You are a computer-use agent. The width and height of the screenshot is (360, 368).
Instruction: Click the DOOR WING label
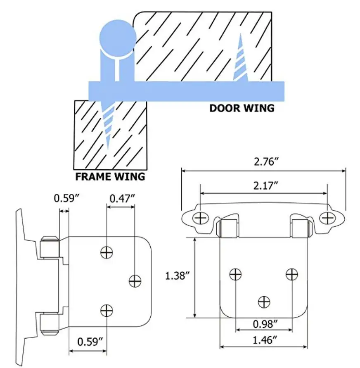click(x=242, y=108)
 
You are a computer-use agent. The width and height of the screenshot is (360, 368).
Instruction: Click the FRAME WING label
click(x=110, y=177)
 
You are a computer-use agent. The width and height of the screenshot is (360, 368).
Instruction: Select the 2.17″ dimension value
click(x=263, y=186)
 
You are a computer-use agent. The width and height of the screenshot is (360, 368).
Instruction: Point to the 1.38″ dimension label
click(x=176, y=275)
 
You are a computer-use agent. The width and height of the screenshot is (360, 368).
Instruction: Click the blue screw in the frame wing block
click(x=109, y=124)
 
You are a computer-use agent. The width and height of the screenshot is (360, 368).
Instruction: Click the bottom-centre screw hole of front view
click(x=263, y=302)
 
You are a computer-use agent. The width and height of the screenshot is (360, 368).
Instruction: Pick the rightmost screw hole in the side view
click(x=135, y=281)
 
